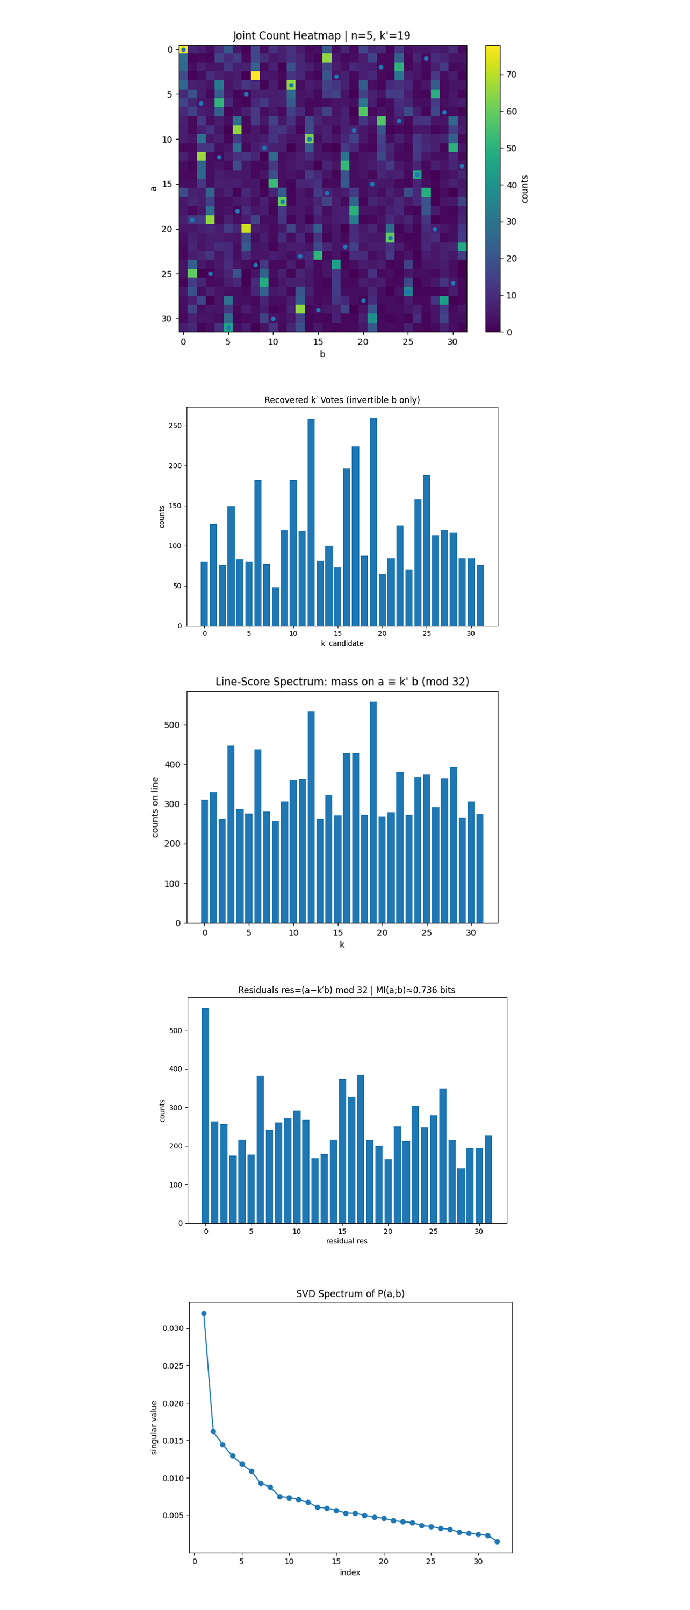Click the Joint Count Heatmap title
pyautogui.click(x=321, y=35)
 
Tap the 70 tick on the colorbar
pyautogui.click(x=511, y=75)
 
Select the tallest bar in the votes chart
pyautogui.click(x=373, y=521)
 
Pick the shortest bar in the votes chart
pyautogui.click(x=275, y=606)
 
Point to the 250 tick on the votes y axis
pyautogui.click(x=175, y=426)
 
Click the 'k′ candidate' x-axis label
pyautogui.click(x=342, y=643)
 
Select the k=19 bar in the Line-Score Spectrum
pyautogui.click(x=373, y=812)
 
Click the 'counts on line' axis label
pyautogui.click(x=155, y=807)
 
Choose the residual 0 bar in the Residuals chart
pyautogui.click(x=205, y=1115)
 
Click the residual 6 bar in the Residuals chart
pyautogui.click(x=260, y=1150)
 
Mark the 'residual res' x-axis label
pyautogui.click(x=347, y=1241)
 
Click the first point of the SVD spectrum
pyautogui.click(x=203, y=1313)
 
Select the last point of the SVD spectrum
pyautogui.click(x=497, y=1541)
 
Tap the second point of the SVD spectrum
pyautogui.click(x=213, y=1431)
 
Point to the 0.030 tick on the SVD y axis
pyautogui.click(x=172, y=1328)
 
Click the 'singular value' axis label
pyautogui.click(x=154, y=1427)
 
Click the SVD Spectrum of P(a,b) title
pyautogui.click(x=350, y=1293)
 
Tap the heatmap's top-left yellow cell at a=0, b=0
pyautogui.click(x=183, y=49)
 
